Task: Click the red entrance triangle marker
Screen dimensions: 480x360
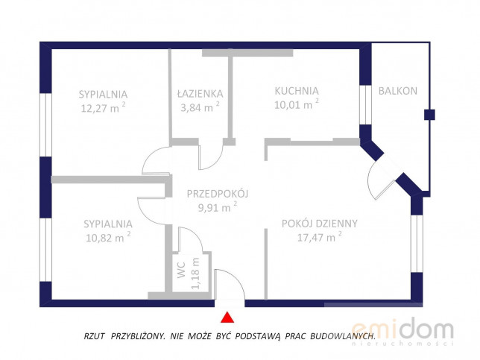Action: [x=227, y=318]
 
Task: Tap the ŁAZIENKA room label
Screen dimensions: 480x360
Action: [x=200, y=94]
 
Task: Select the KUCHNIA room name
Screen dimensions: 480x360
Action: [x=297, y=91]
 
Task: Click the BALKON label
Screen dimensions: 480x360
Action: [x=398, y=91]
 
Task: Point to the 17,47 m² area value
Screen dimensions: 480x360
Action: [x=320, y=237]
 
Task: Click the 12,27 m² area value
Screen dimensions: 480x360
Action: [x=103, y=108]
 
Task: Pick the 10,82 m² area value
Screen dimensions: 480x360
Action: [x=108, y=237]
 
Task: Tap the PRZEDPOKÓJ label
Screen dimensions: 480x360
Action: [x=218, y=194]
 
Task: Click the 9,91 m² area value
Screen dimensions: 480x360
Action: [x=218, y=207]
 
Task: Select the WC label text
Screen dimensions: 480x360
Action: [x=182, y=270]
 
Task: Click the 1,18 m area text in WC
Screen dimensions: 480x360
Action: [x=195, y=274]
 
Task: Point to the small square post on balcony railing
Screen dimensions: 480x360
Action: [x=429, y=115]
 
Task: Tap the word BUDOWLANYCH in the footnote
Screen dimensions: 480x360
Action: [x=343, y=336]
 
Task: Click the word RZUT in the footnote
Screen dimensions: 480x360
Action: [x=94, y=336]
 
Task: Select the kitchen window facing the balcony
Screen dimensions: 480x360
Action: [x=365, y=104]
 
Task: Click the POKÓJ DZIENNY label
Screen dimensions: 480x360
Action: [x=320, y=224]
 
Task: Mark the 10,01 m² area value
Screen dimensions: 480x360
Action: [x=297, y=104]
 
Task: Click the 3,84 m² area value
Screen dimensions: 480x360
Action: [x=200, y=107]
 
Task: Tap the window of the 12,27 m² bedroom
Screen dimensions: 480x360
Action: [x=45, y=125]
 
